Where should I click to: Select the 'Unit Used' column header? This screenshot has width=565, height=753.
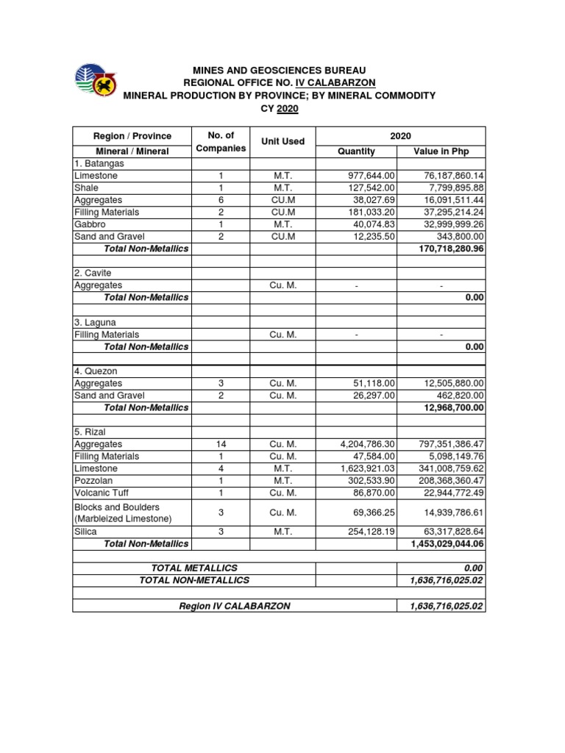(x=283, y=141)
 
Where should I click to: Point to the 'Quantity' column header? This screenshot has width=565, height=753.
(x=356, y=151)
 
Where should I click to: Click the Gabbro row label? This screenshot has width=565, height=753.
(x=89, y=224)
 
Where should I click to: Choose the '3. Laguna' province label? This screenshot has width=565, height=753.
(x=95, y=323)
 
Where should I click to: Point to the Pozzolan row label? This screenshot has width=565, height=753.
(x=93, y=480)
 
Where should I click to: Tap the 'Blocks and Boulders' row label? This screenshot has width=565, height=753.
(x=116, y=507)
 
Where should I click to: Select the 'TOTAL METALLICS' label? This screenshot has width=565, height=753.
(x=194, y=568)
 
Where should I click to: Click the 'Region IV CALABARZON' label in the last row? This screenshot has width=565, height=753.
(x=235, y=606)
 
